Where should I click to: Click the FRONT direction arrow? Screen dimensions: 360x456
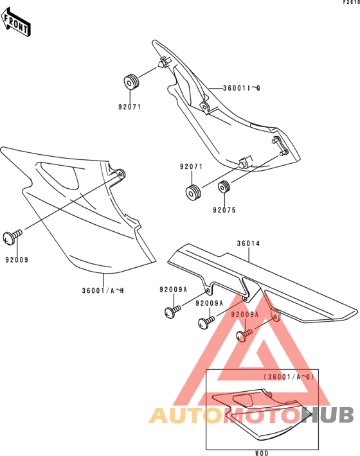coord(15,22)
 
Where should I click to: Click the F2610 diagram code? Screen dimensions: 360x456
coord(351,3)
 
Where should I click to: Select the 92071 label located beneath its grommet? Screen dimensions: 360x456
coord(129,107)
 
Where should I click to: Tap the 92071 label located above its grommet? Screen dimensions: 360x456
coord(191,166)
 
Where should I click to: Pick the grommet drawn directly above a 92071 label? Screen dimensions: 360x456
coord(131,82)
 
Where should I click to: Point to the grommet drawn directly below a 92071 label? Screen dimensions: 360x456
coord(194,193)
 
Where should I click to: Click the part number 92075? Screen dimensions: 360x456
coord(224,210)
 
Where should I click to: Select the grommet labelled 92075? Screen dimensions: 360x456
coord(224,187)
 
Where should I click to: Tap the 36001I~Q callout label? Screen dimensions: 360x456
coord(242,88)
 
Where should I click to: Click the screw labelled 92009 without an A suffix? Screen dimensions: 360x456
coord(12,236)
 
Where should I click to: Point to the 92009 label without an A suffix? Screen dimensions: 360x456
coord(17,259)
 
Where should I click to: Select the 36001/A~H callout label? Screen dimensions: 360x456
coord(103,290)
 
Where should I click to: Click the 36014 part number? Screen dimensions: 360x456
coord(248,243)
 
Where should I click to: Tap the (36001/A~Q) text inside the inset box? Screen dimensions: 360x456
coord(289,377)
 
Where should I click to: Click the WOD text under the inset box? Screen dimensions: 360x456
coord(262,453)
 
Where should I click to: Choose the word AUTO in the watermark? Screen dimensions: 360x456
coord(186,416)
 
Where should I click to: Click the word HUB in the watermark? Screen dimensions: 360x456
coord(328,415)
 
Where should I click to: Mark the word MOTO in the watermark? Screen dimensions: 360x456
coord(262,416)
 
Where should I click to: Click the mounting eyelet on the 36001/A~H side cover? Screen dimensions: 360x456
coord(120,174)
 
